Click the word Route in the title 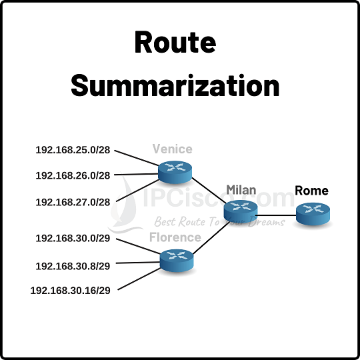pyautogui.click(x=175, y=43)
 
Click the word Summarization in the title pyautogui.click(x=175, y=86)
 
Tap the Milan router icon pyautogui.click(x=240, y=211)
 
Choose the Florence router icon pyautogui.click(x=177, y=259)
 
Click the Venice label pyautogui.click(x=172, y=148)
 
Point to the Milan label pyautogui.click(x=241, y=189)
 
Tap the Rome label pyautogui.click(x=312, y=191)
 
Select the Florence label pyautogui.click(x=175, y=237)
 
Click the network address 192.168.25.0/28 pyautogui.click(x=73, y=151)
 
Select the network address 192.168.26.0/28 pyautogui.click(x=73, y=176)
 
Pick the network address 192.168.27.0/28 pyautogui.click(x=73, y=201)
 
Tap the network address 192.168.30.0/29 pyautogui.click(x=73, y=238)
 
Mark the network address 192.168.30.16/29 pyautogui.click(x=71, y=290)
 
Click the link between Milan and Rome pyautogui.click(x=276, y=215)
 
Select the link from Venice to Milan pyautogui.click(x=208, y=191)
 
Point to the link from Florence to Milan pyautogui.click(x=209, y=238)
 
